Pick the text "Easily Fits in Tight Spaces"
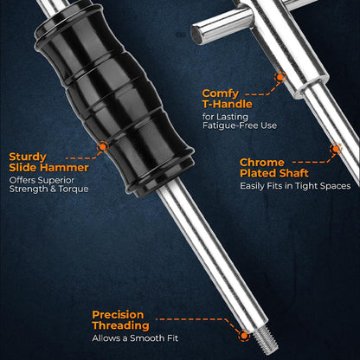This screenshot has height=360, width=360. pyautogui.click(x=295, y=185)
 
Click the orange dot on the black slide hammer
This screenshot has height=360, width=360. pyautogui.click(x=101, y=147)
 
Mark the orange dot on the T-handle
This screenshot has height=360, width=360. pyautogui.click(x=280, y=76)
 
